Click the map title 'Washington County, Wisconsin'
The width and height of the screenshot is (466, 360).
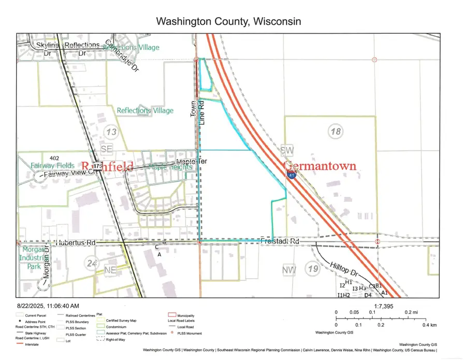click(x=228, y=21)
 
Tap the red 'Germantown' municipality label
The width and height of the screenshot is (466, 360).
click(x=321, y=166)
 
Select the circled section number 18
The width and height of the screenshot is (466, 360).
click(x=336, y=132)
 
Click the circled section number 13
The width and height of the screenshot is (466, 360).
click(x=111, y=132)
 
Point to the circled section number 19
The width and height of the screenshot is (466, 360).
click(x=313, y=268)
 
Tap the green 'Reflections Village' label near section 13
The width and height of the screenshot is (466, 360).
click(x=145, y=110)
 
